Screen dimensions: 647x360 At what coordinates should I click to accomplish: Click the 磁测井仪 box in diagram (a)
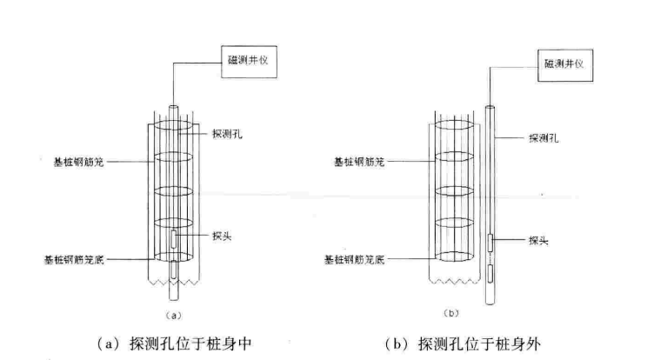[x=249, y=62]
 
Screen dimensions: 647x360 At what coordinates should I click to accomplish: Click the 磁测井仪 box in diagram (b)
[x=565, y=65]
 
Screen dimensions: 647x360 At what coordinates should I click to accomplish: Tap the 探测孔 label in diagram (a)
[x=227, y=134]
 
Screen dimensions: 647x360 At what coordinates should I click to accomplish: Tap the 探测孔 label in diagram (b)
[x=544, y=137]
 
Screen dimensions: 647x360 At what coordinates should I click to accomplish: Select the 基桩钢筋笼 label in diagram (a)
[x=78, y=162]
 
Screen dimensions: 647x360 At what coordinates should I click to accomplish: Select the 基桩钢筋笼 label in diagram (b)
[x=359, y=162]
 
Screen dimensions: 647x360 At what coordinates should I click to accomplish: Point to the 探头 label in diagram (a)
[x=222, y=236]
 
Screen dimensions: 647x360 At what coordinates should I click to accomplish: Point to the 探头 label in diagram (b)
[x=538, y=240]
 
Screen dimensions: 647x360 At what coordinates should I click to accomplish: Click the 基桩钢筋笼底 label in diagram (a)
[x=74, y=259]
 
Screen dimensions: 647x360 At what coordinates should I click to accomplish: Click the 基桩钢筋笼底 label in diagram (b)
[x=354, y=259]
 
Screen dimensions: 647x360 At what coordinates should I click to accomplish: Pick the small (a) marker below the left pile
[x=173, y=316]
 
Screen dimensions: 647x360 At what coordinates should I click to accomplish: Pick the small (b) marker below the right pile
[x=451, y=313]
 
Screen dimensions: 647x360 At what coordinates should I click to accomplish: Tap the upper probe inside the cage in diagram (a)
[x=174, y=239]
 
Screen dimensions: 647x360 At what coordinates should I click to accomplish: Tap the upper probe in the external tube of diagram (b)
[x=490, y=243]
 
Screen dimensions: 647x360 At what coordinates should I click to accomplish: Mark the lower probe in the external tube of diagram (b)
[x=490, y=273]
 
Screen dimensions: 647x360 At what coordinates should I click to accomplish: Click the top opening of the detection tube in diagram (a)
[x=174, y=107]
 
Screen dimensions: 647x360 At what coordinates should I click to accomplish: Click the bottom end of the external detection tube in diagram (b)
[x=490, y=303]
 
